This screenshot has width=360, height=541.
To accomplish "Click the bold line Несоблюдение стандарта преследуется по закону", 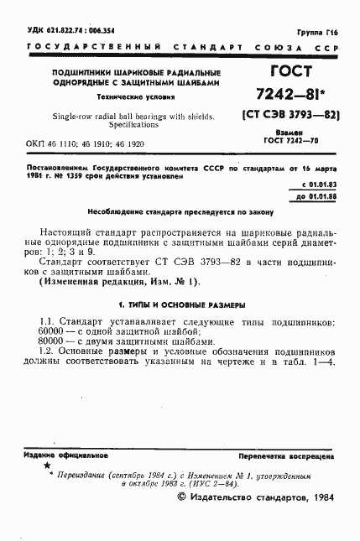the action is pos(180,213).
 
